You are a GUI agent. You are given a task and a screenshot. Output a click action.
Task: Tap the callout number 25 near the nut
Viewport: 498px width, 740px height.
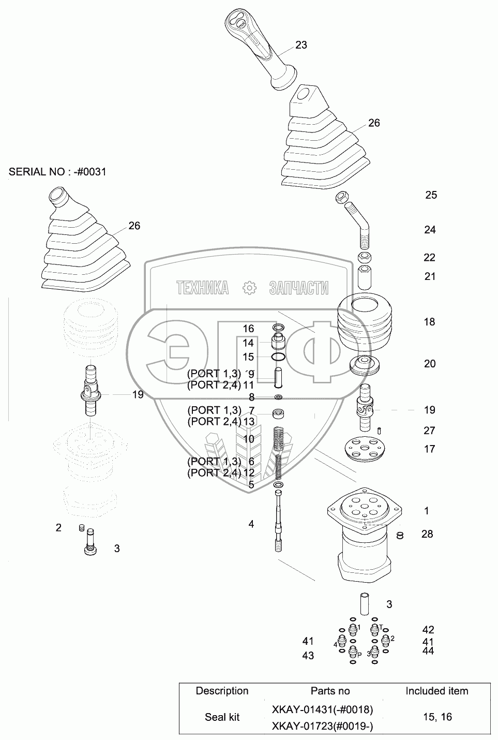431,195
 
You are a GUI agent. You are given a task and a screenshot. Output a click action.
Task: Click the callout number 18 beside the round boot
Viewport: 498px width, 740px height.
429,322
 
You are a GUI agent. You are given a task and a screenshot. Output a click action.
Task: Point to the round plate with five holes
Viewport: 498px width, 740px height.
365,448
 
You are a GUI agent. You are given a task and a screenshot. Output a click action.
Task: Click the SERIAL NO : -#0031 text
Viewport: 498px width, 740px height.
57,172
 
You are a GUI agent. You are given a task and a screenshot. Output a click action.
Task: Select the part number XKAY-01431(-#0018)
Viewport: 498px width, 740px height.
322,709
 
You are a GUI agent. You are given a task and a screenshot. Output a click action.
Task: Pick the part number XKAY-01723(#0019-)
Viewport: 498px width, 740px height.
322,726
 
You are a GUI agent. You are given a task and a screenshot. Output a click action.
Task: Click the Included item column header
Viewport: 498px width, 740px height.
436,691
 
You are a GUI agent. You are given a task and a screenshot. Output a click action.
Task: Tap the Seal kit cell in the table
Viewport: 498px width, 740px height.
222,717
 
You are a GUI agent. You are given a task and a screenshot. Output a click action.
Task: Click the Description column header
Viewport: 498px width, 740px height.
222,691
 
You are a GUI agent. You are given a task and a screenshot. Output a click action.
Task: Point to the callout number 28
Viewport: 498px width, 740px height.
427,534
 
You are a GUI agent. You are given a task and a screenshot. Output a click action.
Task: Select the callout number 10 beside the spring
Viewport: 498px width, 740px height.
248,439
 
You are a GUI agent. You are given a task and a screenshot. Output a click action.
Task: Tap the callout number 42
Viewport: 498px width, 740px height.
428,630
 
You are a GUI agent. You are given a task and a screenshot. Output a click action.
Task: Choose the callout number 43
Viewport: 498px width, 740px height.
308,656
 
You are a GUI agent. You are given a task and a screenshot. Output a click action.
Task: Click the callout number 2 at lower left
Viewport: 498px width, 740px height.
58,528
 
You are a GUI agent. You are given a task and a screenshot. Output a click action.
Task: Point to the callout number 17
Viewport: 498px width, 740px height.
429,449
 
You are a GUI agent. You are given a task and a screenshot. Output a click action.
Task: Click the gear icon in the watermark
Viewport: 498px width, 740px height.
249,288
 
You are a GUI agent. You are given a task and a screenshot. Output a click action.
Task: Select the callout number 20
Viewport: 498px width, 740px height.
430,364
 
